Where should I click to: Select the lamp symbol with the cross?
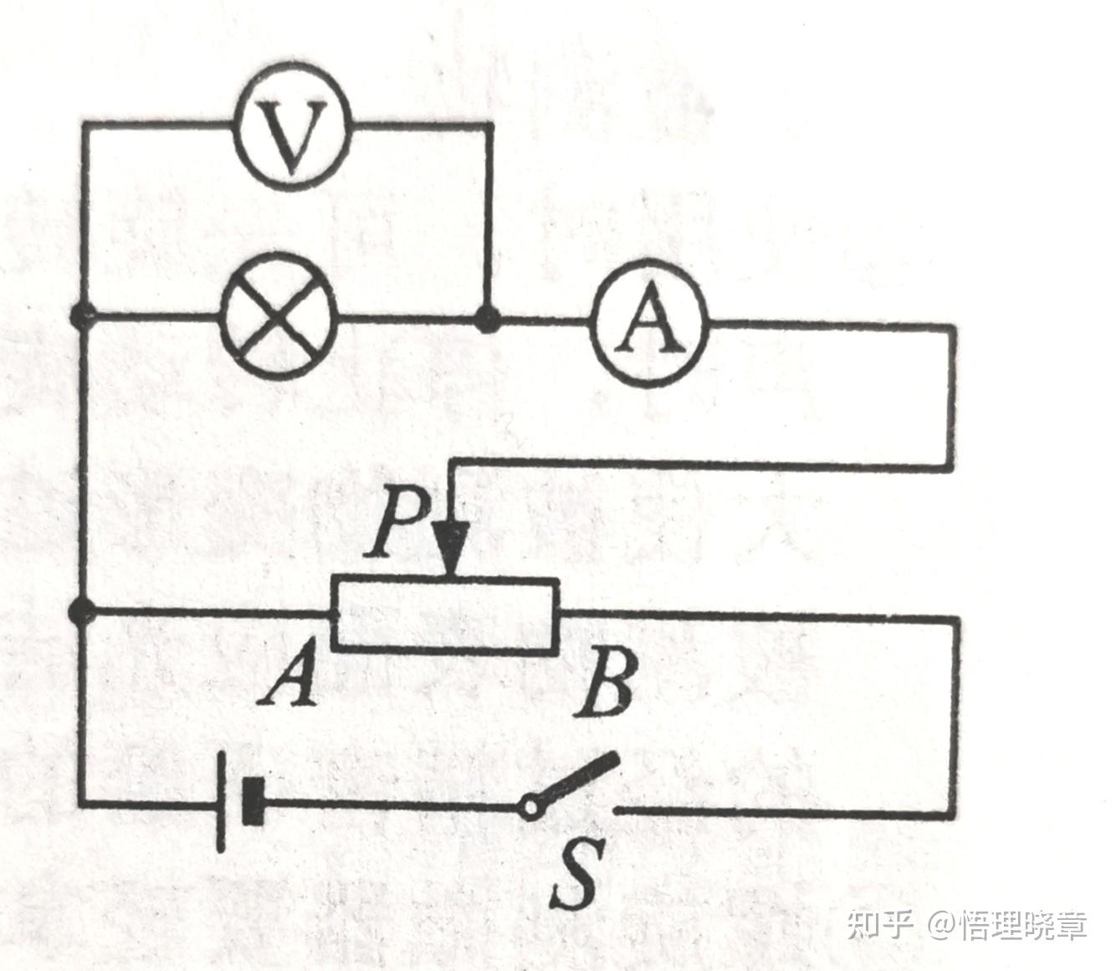click(279, 317)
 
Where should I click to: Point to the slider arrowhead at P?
click(451, 548)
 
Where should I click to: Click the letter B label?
click(605, 685)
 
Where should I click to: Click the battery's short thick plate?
click(253, 801)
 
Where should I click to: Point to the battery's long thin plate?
click(221, 801)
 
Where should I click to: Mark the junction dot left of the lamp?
click(82, 316)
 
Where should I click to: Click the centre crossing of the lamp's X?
click(279, 317)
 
